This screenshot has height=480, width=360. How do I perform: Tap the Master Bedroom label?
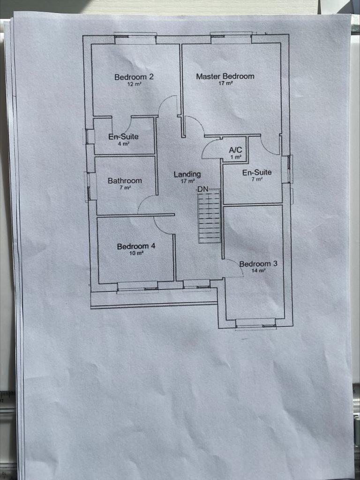pos(225,76)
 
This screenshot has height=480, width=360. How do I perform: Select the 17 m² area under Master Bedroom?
pos(225,83)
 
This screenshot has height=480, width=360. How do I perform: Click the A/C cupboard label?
pos(235,150)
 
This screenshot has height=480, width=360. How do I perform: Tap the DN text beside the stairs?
pos(202,189)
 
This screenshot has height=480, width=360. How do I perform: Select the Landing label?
pos(187,174)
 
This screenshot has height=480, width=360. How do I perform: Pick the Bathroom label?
pos(125,180)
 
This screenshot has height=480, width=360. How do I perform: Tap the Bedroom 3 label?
pos(258,263)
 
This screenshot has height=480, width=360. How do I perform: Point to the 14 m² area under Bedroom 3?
pos(258,270)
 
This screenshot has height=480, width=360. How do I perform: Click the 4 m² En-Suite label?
pos(123,136)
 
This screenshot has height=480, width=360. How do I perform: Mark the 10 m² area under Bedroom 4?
pos(136,253)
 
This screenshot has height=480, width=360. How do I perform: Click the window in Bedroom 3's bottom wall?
pos(256,324)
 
